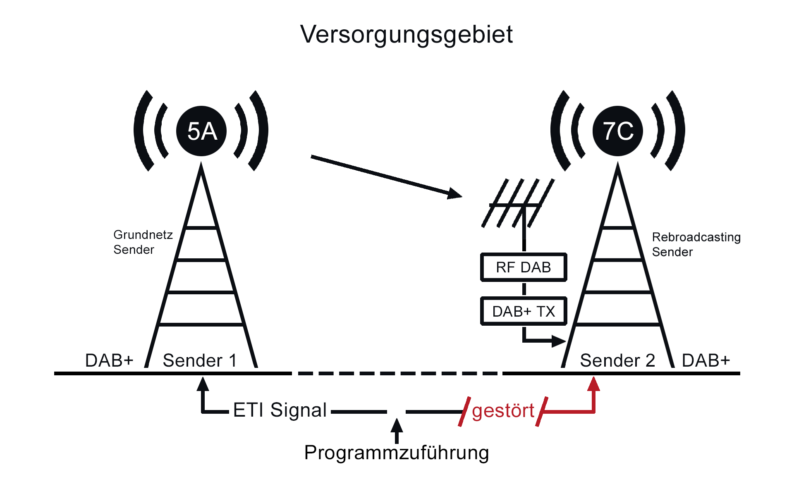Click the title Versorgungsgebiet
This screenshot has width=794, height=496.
tap(407, 34)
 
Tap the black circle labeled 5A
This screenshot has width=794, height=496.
tap(201, 131)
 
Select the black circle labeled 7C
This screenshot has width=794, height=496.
tap(618, 131)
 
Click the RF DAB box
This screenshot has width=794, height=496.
tap(524, 267)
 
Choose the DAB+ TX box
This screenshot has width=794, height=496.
tap(524, 311)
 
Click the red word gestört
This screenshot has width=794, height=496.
tap(503, 411)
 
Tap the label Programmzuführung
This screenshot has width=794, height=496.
tap(397, 453)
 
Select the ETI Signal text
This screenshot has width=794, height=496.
tap(280, 410)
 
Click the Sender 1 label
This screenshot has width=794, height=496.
tap(200, 360)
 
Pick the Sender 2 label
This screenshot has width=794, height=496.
tap(617, 360)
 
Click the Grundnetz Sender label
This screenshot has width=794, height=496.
tap(143, 242)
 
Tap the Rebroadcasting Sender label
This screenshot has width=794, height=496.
tap(696, 244)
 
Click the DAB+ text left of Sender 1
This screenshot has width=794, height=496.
tap(109, 360)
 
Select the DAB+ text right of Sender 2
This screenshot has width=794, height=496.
tap(706, 360)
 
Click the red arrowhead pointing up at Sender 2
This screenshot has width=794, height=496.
tap(593, 384)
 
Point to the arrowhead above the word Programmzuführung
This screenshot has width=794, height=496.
tap(397, 425)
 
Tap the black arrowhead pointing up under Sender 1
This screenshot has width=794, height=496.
tap(203, 384)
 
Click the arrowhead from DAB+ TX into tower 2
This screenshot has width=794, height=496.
tap(559, 341)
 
